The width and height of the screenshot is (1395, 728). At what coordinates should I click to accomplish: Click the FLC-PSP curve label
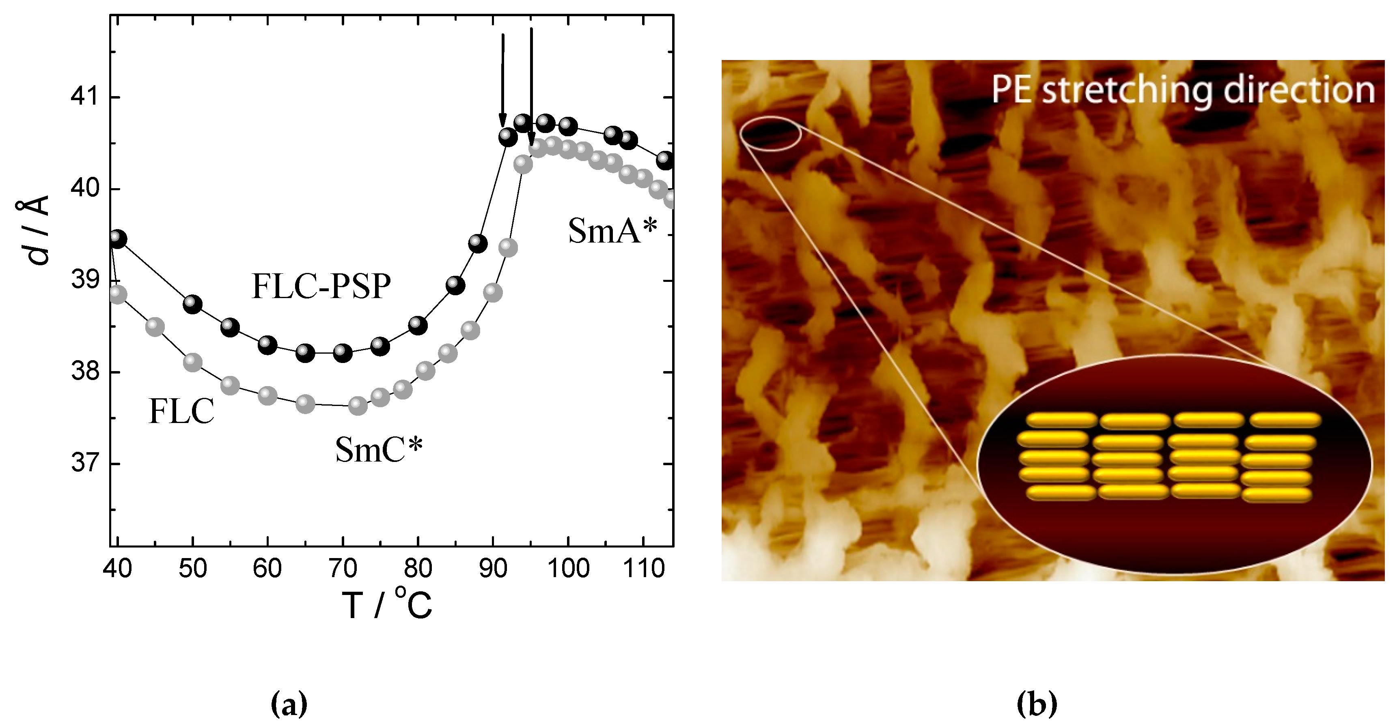click(x=321, y=286)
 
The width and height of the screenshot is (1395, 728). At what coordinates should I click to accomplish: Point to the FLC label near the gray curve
click(x=181, y=411)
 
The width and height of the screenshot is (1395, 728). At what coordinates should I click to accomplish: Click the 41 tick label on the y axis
click(x=84, y=97)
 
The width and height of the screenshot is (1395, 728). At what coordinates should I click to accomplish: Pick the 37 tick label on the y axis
click(x=84, y=464)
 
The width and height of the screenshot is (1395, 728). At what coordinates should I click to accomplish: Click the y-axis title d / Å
click(x=34, y=230)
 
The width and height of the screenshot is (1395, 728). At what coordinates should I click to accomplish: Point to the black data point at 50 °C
click(x=192, y=304)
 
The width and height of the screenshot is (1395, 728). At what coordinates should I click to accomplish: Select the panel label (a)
click(x=289, y=704)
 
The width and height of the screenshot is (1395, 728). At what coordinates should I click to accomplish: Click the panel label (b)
click(x=1037, y=704)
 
